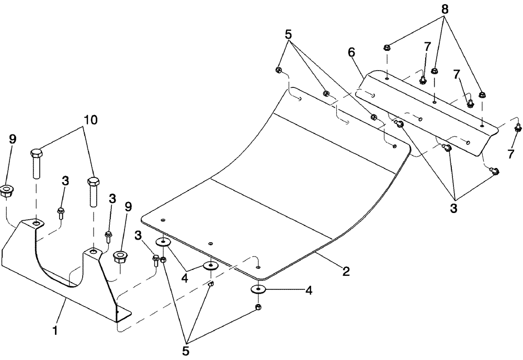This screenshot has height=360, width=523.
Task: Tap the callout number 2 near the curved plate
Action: coord(345,271)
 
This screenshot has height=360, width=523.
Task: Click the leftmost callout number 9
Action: coord(12,140)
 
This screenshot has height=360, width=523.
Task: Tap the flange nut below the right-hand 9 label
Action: coord(121,258)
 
